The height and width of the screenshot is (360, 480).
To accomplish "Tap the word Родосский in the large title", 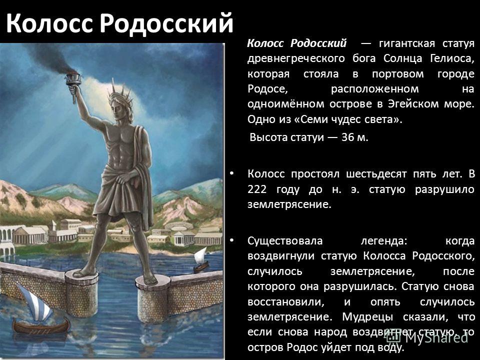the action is pyautogui.click(x=166, y=23).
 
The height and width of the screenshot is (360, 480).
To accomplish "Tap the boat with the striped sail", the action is pyautogui.click(x=39, y=312).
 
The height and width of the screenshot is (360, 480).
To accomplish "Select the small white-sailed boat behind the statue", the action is pyautogui.click(x=201, y=259).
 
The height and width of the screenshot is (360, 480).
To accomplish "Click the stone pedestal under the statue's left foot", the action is pyautogui.click(x=153, y=298).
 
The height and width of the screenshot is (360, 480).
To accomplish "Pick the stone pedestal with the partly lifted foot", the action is pyautogui.click(x=81, y=293).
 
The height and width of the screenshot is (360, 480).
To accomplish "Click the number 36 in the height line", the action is pyautogui.click(x=348, y=137).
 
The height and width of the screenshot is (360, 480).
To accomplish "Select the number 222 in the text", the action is pyautogui.click(x=257, y=189).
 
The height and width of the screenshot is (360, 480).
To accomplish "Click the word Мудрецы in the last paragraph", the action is pyautogui.click(x=367, y=317).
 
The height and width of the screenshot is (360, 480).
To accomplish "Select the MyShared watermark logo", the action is pyautogui.click(x=427, y=336).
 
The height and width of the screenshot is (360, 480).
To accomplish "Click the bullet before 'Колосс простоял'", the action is pyautogui.click(x=231, y=173).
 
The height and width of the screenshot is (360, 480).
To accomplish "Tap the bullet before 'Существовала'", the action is pyautogui.click(x=231, y=240).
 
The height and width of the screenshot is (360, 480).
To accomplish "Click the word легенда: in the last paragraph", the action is pyautogui.click(x=384, y=241).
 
